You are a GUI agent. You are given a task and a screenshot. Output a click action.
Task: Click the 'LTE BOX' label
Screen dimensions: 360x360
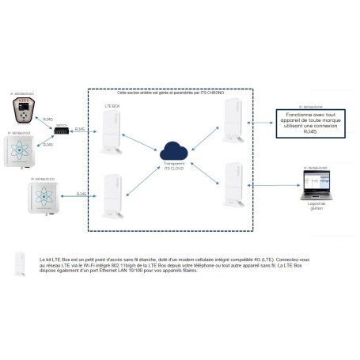(112, 104)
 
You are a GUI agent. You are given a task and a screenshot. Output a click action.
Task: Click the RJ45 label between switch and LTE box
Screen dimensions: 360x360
(80, 128)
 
